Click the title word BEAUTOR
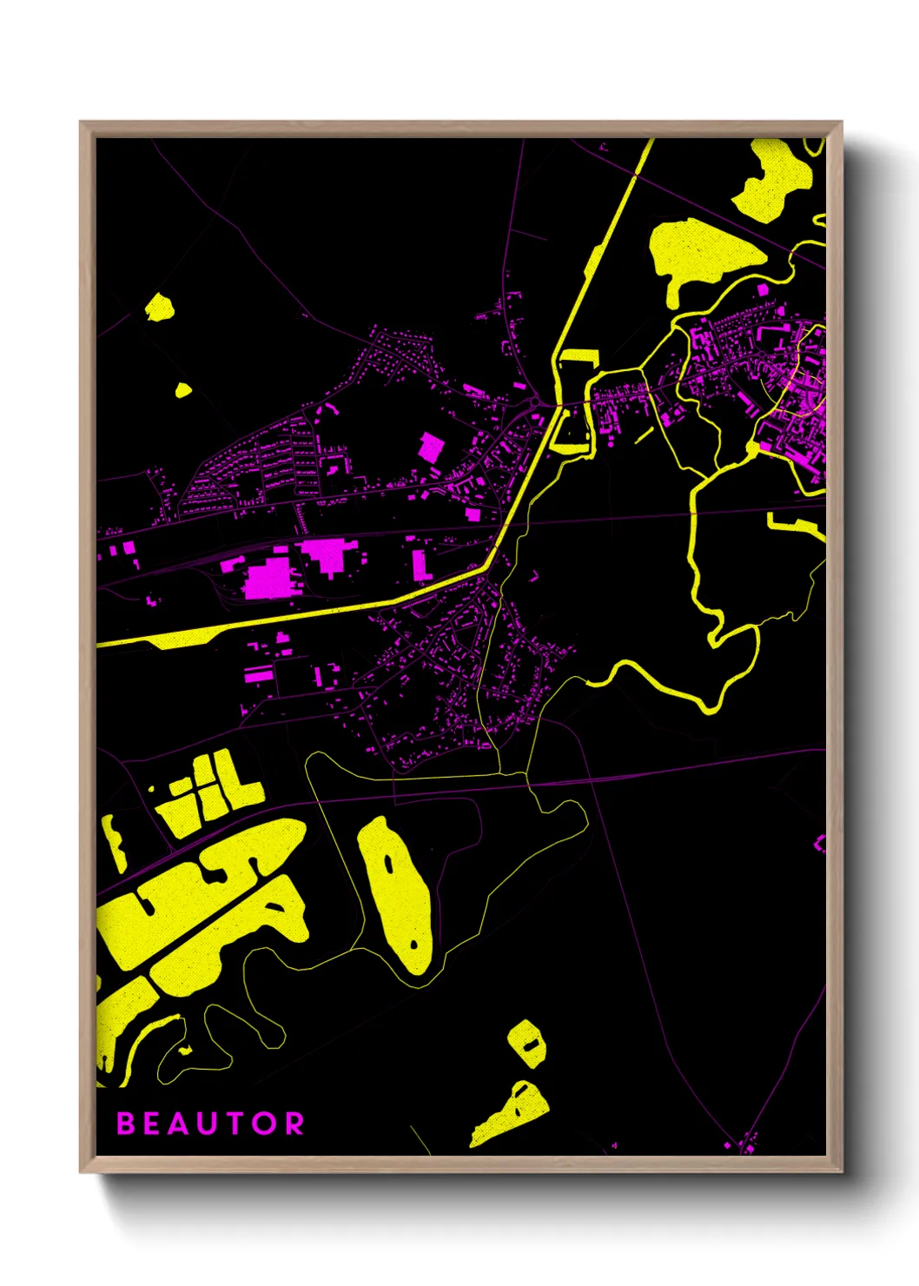[210, 1124]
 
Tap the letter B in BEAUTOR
[126, 1124]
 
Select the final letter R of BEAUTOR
[294, 1124]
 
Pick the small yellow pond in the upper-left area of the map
[159, 307]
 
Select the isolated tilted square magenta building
[431, 447]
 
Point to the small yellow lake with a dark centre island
[526, 1041]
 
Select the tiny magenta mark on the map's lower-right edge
[819, 843]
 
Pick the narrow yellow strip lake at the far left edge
[113, 841]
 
